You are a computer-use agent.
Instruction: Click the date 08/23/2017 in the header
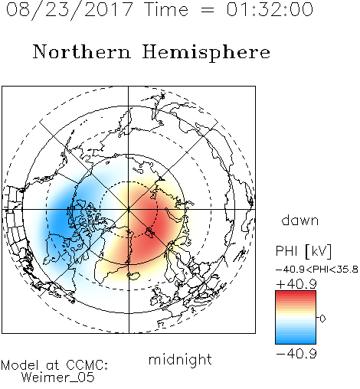70,10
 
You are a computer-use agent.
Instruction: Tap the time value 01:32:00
270,9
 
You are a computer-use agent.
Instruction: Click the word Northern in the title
82,52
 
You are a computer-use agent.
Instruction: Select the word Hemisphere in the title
206,53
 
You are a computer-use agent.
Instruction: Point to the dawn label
300,220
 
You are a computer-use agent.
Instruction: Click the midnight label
180,360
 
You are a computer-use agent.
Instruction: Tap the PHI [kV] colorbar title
303,251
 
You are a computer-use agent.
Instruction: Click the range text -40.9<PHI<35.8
317,270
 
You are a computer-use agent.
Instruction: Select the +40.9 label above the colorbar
296,284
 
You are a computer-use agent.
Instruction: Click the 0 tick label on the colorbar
322,319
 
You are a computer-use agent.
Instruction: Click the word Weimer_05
58,378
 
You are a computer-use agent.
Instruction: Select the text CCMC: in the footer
87,365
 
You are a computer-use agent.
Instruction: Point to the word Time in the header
166,9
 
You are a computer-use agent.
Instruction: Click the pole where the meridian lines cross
129,209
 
